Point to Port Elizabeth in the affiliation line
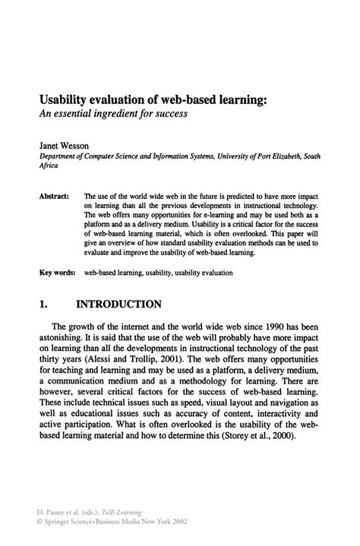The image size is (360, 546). click(x=283, y=157)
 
